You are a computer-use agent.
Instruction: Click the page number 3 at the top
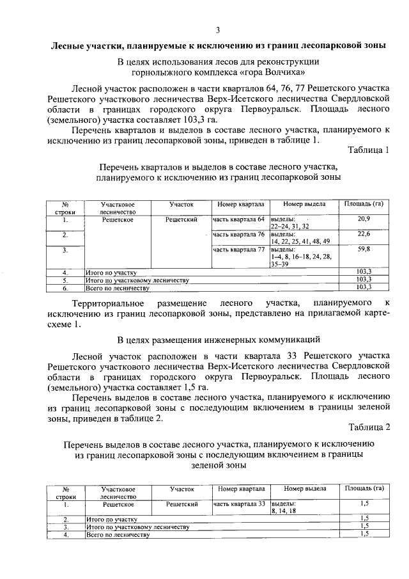pos(218,30)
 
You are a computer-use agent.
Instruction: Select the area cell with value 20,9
pos(364,219)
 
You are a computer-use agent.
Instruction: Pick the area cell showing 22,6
pos(364,234)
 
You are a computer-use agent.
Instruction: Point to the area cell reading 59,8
pos(364,249)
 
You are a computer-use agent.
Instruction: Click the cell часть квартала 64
pos(238,219)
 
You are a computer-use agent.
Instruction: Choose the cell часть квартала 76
pos(238,235)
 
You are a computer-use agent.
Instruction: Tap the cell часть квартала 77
pos(238,250)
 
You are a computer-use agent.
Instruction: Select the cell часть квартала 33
pos(238,504)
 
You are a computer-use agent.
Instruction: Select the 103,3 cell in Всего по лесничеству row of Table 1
pos(364,288)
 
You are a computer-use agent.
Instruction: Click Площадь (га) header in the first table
pos(364,204)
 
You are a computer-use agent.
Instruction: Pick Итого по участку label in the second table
pos(112,520)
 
